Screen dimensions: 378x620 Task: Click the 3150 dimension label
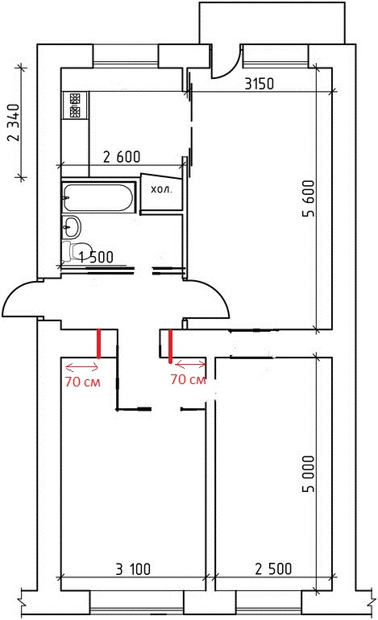click(x=259, y=84)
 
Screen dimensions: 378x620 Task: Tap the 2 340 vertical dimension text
click(x=13, y=122)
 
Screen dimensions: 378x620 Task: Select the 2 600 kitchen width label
click(x=122, y=157)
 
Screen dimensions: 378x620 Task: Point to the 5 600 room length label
click(x=308, y=199)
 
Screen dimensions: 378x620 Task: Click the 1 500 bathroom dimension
click(x=96, y=258)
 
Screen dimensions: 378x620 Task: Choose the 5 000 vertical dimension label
click(x=308, y=473)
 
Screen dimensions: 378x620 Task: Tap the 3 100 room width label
click(x=133, y=569)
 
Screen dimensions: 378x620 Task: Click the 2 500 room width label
click(x=273, y=569)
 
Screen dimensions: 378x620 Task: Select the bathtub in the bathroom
click(x=98, y=197)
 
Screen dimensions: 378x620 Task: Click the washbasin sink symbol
click(x=72, y=226)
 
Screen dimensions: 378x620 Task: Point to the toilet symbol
click(x=71, y=251)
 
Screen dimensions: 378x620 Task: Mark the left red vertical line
click(x=98, y=344)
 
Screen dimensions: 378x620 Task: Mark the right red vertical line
click(x=170, y=346)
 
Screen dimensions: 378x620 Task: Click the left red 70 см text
click(x=83, y=382)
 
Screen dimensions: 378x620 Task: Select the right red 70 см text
click(x=189, y=379)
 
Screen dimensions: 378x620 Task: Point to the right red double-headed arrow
click(x=190, y=365)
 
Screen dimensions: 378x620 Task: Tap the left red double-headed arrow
click(x=81, y=368)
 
